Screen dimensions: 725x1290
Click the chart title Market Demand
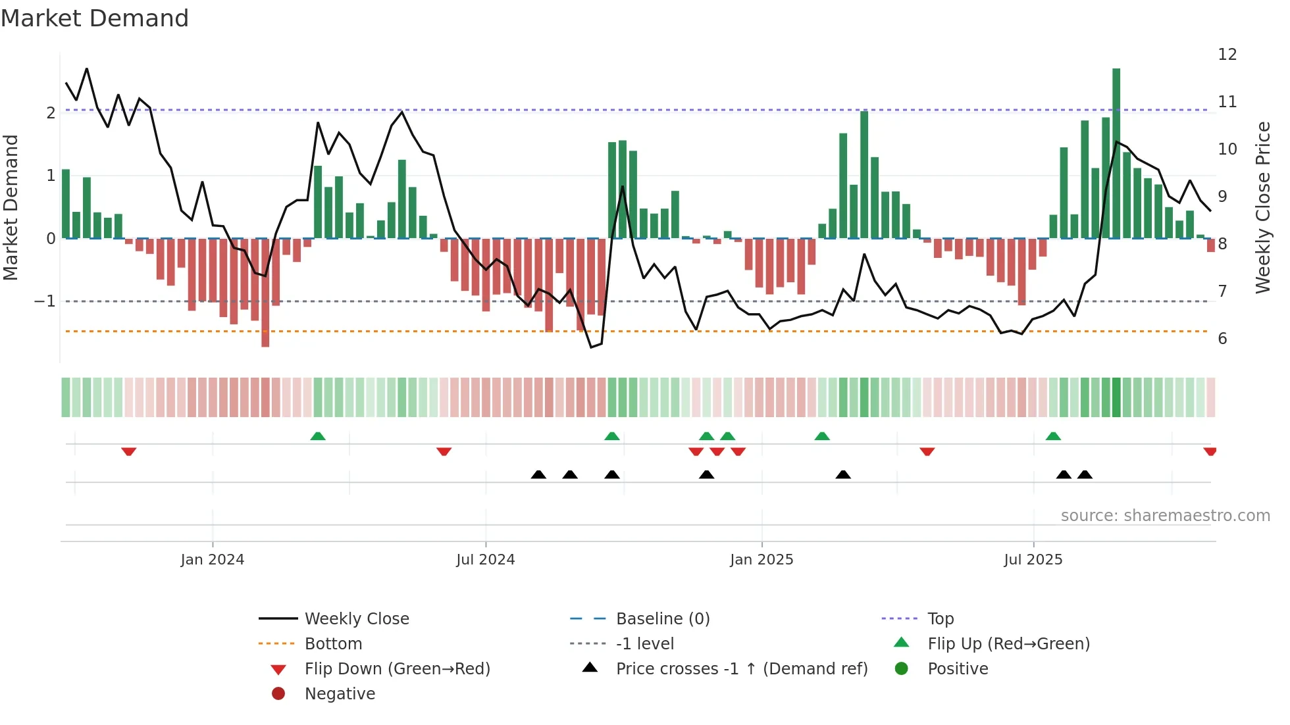click(95, 18)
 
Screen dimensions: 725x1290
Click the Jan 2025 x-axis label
click(761, 560)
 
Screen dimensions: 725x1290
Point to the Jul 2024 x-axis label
click(485, 560)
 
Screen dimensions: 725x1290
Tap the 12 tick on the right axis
click(1227, 55)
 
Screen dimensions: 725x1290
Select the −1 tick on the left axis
click(45, 301)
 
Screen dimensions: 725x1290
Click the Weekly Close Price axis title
click(1262, 207)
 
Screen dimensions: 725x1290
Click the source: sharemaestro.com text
click(1165, 516)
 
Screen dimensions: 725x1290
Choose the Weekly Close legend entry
click(356, 619)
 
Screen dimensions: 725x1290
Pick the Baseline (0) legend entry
click(662, 619)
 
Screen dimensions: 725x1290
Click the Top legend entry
click(940, 619)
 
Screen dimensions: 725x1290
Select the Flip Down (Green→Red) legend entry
click(397, 669)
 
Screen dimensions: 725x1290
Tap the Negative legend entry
click(340, 694)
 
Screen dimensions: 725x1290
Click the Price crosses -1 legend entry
click(741, 669)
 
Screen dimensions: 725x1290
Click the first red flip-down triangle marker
click(129, 451)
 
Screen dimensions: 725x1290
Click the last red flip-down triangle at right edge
click(1210, 451)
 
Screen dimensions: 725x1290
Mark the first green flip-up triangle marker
click(318, 436)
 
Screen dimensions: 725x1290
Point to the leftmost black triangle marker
click(538, 474)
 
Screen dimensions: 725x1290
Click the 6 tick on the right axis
click(1222, 339)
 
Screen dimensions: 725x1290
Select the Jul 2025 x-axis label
click(1033, 560)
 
